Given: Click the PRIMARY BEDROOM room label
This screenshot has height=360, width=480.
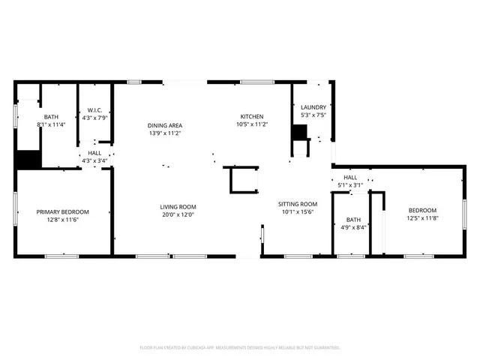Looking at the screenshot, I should coord(63,211).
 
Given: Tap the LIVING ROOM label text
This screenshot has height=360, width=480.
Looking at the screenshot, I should coord(178,207).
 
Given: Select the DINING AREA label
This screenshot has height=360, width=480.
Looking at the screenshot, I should coord(165,125).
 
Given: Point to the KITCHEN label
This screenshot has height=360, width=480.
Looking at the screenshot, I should coord(251,116).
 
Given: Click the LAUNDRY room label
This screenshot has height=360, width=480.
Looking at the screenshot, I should coord(313,107).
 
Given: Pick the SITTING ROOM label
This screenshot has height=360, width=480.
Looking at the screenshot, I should coord(298,204).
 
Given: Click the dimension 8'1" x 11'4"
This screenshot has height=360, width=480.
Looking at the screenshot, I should coord(51,124).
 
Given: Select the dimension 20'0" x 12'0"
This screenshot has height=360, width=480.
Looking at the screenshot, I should coord(178,215).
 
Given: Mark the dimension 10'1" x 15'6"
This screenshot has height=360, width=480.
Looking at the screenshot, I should coord(298,212).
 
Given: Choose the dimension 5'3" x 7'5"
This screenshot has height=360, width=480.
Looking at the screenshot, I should coord(313,115).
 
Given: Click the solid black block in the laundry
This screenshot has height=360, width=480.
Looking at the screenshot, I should coord(300,132).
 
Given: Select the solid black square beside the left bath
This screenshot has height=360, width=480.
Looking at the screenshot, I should coord(28,160).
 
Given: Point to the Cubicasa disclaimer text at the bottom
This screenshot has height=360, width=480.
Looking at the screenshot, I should coord(240,348).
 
